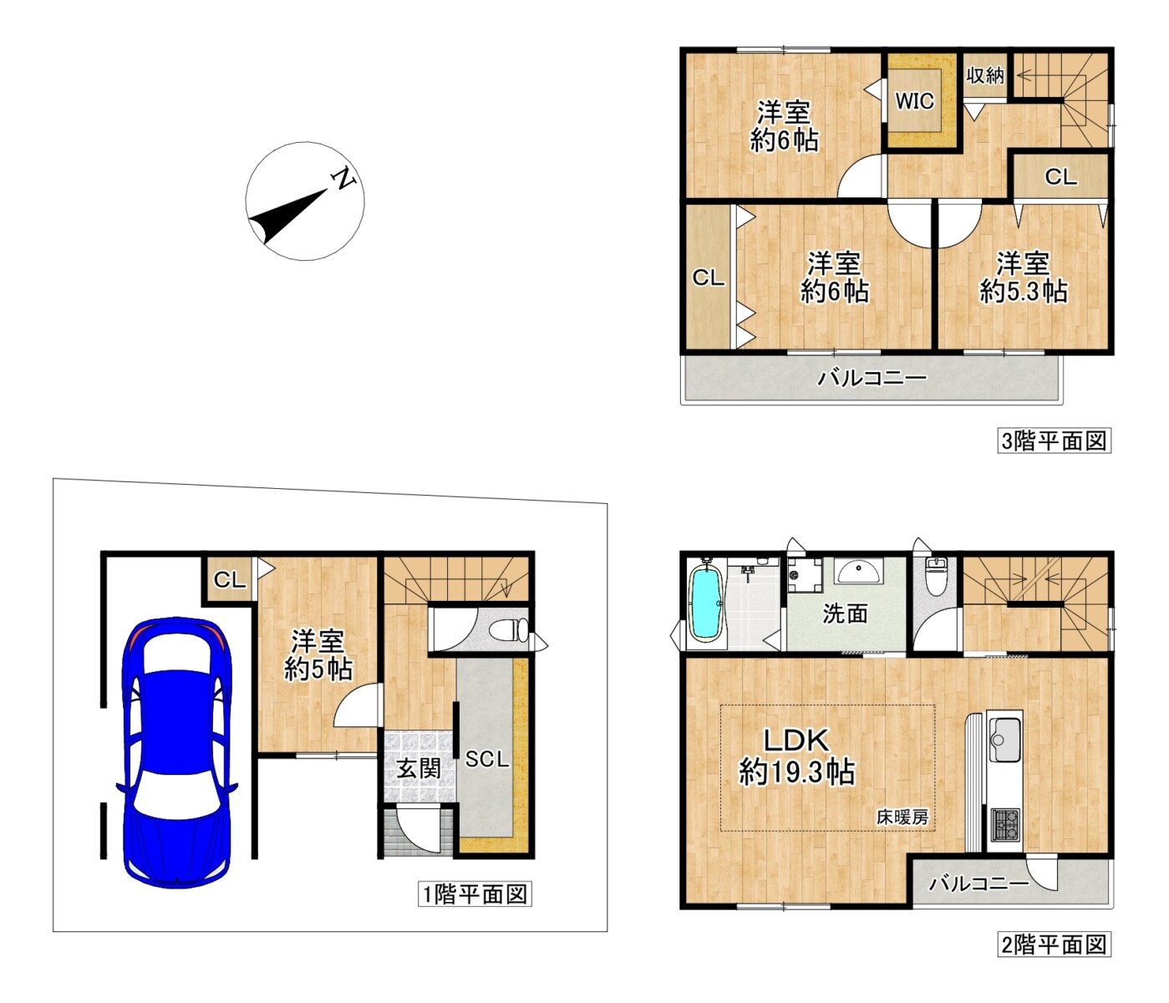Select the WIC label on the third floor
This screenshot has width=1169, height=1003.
coord(914,101)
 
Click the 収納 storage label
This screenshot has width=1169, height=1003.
coord(985,75)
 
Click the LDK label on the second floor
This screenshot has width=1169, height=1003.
coord(796,740)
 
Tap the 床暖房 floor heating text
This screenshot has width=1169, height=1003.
coord(902,817)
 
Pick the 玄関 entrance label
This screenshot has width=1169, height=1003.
coord(418,768)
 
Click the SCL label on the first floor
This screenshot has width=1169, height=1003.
coord(487,759)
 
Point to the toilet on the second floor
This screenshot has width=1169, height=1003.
coord(934,577)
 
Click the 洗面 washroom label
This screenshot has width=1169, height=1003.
coord(845,614)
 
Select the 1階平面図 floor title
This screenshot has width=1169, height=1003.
coord(475,894)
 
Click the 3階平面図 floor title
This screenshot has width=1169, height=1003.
coord(1054,440)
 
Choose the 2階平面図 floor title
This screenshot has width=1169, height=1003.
coord(1054,944)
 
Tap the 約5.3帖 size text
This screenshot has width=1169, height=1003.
coord(1024,292)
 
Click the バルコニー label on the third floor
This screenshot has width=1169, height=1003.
coord(872,377)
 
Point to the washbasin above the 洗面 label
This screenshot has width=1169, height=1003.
coord(858,572)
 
